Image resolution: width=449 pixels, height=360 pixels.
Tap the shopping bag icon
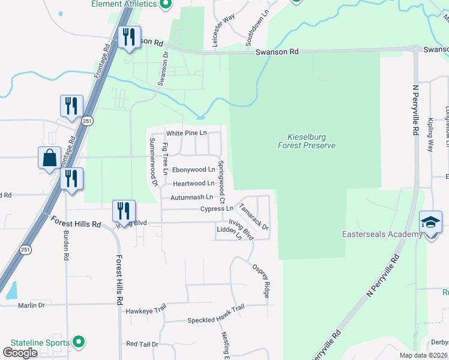[49, 159]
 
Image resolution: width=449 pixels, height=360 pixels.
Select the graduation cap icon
[430, 223]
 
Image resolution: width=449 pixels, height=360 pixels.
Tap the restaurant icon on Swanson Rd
[130, 37]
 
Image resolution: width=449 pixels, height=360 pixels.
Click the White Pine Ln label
[186, 133]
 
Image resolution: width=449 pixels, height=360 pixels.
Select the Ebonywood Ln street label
[194, 170]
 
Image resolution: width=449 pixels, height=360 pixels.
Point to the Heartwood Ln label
[193, 184]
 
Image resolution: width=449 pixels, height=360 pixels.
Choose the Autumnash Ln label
[191, 197]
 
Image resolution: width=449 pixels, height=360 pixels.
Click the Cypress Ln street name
[217, 209]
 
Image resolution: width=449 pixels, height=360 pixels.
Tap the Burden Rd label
[65, 246]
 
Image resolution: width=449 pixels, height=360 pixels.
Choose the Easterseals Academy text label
[382, 234]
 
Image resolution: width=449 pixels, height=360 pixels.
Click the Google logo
[20, 353]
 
